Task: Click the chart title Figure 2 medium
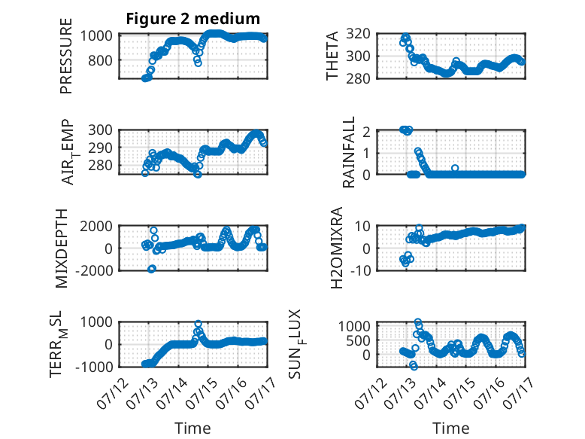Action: point(193,19)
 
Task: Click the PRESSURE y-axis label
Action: point(65,56)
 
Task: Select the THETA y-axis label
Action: point(332,56)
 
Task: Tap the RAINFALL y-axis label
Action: point(348,152)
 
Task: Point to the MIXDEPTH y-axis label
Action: point(62,248)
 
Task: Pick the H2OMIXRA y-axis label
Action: point(337,248)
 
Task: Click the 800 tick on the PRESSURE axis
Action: point(100,60)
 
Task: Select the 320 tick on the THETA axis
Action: point(358,34)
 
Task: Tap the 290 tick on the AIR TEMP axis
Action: point(100,148)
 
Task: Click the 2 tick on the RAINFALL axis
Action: point(366,132)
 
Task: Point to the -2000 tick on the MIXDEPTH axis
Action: point(94,270)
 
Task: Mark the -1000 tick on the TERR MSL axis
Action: point(94,367)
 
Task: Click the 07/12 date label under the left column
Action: point(113,393)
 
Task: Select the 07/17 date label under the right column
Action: point(519,393)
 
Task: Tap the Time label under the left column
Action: point(193,428)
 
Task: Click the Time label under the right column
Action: point(450,428)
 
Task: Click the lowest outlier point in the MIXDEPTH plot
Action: point(151,269)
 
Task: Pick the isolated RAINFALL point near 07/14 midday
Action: point(455,168)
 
